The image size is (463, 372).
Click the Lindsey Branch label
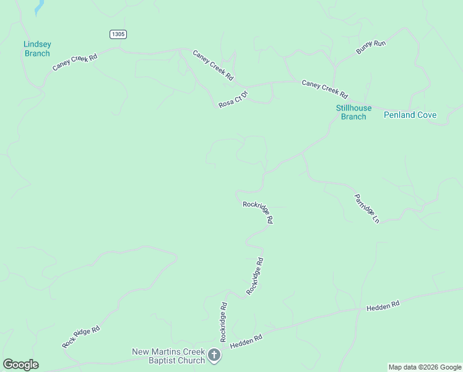(37, 48)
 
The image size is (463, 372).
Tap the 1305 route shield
(118, 34)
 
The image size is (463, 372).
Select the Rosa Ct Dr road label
(233, 100)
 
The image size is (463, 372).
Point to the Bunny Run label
(371, 47)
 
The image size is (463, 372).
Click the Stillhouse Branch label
(353, 112)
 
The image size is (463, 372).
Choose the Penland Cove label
(410, 115)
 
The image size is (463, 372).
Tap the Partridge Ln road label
(366, 208)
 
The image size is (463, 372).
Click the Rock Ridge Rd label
(81, 337)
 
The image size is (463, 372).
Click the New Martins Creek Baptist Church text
(168, 356)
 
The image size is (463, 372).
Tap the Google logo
(20, 365)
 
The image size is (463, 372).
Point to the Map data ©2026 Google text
(424, 367)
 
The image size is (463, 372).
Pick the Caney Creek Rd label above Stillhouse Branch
(324, 89)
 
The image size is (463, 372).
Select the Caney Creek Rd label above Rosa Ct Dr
(213, 65)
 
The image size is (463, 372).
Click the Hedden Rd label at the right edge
(383, 306)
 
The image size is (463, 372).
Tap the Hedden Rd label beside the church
(246, 341)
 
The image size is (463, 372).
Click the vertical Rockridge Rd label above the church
(224, 322)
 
